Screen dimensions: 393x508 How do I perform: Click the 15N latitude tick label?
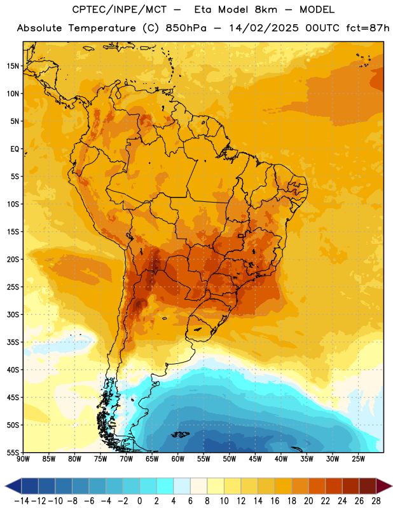[13, 66]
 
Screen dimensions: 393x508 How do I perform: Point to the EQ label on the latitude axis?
[15, 149]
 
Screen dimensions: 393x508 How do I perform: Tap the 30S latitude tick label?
[13, 314]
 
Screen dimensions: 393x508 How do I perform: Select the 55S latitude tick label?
[13, 453]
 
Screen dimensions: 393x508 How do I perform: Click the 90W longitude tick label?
[23, 458]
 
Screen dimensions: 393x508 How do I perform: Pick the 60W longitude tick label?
[178, 458]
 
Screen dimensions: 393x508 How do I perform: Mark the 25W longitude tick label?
[358, 458]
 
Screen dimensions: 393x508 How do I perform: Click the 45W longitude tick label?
[255, 458]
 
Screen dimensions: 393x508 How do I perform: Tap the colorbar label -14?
[22, 501]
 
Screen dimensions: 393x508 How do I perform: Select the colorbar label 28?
[376, 501]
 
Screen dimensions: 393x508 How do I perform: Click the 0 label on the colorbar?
[139, 501]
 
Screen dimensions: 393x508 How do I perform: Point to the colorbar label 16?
[275, 501]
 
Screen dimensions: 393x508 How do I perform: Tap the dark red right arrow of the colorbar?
[383, 486]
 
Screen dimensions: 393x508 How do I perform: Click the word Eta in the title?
[202, 10]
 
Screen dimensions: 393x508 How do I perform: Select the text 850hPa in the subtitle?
[186, 28]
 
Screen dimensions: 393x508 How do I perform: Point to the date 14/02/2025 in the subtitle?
[263, 28]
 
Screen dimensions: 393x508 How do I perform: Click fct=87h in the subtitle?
[368, 28]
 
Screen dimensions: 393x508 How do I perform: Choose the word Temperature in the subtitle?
[102, 29]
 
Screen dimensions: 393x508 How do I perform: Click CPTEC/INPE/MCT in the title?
[119, 10]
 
